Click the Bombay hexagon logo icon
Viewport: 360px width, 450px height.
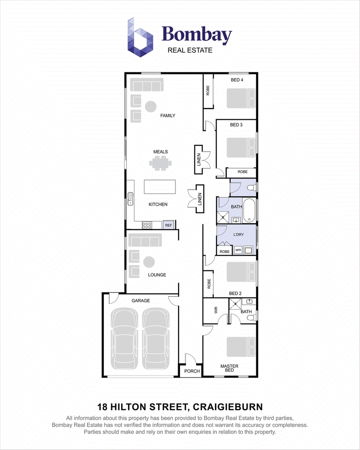(140, 37)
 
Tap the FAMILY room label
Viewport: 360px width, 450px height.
(168, 116)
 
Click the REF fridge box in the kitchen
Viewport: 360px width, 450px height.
(168, 225)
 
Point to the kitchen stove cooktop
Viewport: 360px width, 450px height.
(147, 225)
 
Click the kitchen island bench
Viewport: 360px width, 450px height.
(160, 187)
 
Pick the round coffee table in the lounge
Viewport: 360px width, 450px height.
(148, 262)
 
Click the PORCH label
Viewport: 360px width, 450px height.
(192, 371)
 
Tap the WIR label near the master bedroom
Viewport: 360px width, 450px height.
(216, 310)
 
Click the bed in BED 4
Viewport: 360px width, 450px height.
(241, 98)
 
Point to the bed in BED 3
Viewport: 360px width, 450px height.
(241, 148)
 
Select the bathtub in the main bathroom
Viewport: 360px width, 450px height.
(249, 211)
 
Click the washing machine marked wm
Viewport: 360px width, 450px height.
(238, 250)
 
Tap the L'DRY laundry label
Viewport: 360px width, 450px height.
(238, 234)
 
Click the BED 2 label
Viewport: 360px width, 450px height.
(235, 293)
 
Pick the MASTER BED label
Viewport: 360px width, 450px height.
(229, 368)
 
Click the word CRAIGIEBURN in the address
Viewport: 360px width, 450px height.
(228, 407)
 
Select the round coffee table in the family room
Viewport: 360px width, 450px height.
(150, 107)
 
